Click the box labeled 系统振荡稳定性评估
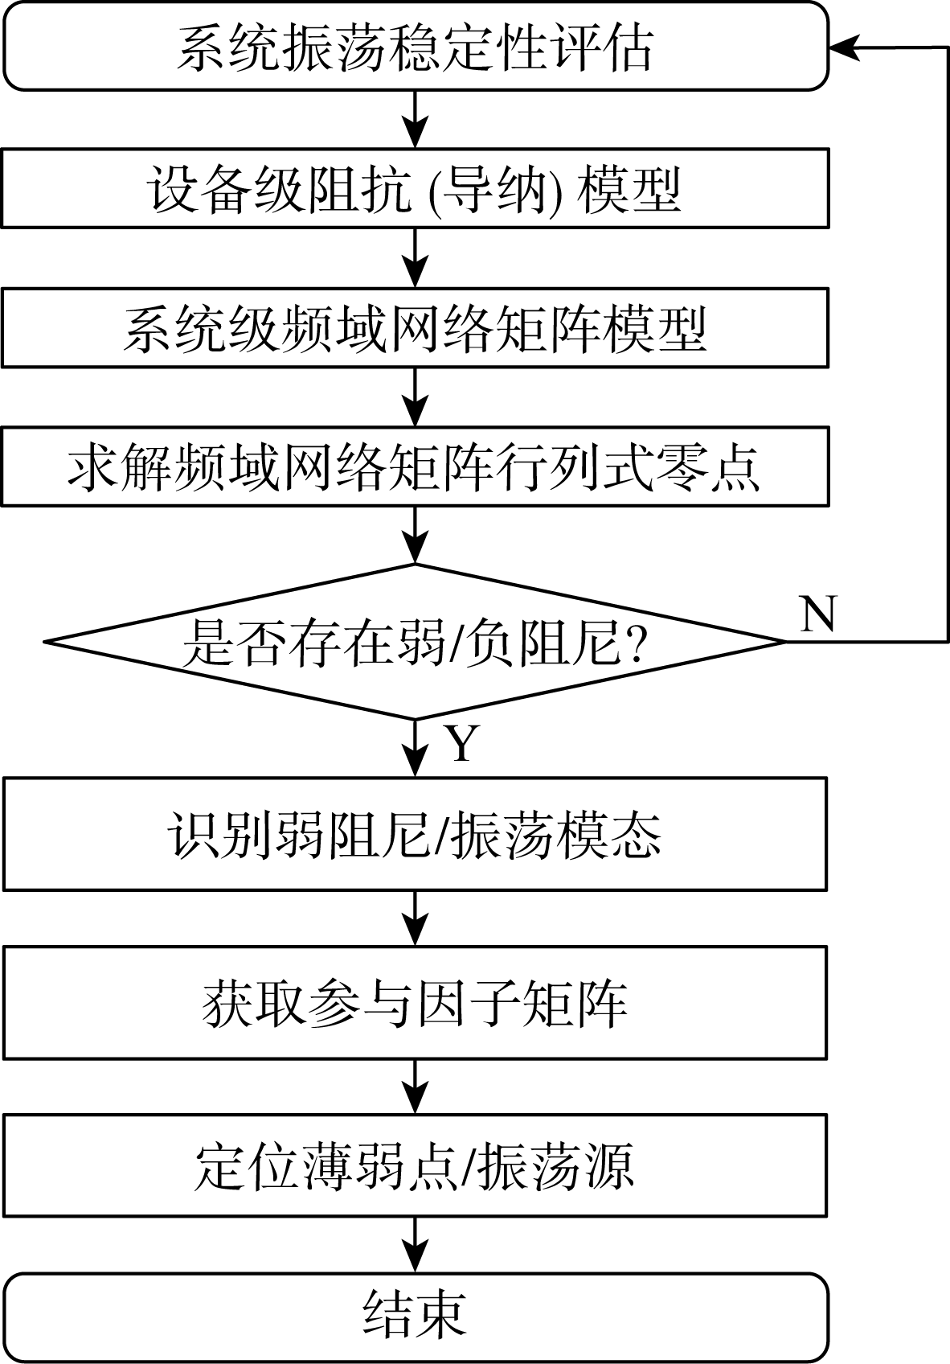[415, 47]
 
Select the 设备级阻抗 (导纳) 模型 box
[415, 188]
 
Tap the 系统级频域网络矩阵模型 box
[415, 328]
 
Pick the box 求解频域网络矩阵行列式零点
[415, 466]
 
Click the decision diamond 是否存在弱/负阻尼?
[415, 642]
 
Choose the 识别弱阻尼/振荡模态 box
[415, 834]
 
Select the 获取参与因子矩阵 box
[415, 1003]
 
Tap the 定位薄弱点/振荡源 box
[415, 1165]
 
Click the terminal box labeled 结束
[415, 1316]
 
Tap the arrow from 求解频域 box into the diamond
[415, 536]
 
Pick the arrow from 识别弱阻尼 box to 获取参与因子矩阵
[415, 918]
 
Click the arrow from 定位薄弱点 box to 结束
[415, 1244]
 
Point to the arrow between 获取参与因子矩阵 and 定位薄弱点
[415, 1087]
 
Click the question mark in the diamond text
[637, 643]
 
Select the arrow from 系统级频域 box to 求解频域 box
[415, 397]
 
